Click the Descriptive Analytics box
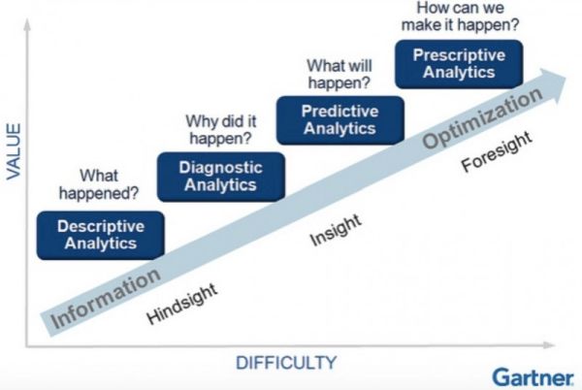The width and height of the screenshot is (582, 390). (101, 235)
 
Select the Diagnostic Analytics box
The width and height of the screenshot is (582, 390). (220, 177)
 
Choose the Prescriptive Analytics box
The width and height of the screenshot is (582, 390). (459, 64)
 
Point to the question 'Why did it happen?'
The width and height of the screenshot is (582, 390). (221, 129)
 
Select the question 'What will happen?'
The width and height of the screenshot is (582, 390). (339, 74)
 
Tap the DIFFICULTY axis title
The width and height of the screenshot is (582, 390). (286, 363)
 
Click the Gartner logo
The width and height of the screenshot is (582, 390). (532, 375)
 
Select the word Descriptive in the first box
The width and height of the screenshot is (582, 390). (101, 226)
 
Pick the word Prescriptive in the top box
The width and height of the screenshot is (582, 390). (459, 55)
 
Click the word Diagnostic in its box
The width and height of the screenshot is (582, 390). (220, 168)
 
